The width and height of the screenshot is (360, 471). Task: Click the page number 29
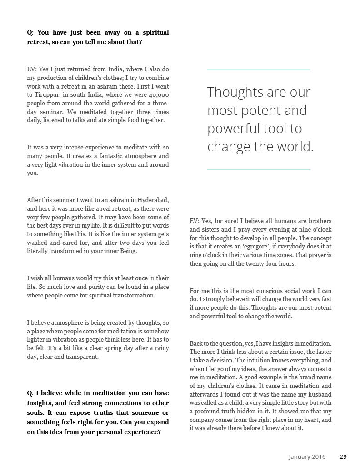tap(343, 456)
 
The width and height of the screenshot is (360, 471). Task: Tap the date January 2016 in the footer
tap(307, 456)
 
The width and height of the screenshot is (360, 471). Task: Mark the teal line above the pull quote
tap(259, 70)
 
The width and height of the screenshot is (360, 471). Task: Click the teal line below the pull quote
tap(259, 169)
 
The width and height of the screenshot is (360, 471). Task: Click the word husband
tap(320, 394)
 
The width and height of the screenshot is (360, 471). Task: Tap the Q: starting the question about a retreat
tap(30, 32)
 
